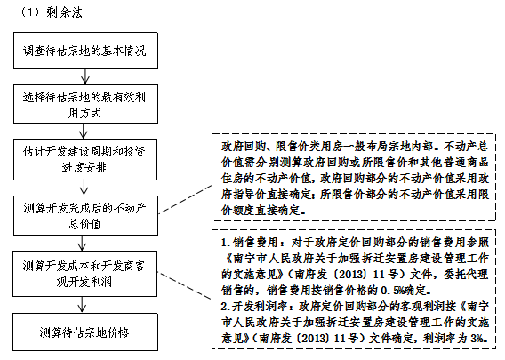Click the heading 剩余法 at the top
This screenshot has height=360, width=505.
[64, 12]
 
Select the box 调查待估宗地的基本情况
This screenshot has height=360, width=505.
[85, 51]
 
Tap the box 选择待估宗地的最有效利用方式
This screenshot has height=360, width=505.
[85, 104]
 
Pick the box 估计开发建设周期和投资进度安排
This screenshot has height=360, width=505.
[85, 159]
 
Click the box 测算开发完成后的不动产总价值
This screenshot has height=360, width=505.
[85, 215]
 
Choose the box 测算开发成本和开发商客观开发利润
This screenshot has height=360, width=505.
[85, 274]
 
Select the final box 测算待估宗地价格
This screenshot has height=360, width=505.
[85, 332]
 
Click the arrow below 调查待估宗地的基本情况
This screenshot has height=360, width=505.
[85, 76]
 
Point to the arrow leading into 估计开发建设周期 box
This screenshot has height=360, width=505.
[84, 131]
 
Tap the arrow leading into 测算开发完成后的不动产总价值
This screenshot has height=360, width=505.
[84, 188]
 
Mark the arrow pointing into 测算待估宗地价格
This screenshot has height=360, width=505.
[82, 305]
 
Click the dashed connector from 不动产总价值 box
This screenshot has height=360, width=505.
[185, 199]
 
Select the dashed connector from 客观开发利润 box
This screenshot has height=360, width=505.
[185, 286]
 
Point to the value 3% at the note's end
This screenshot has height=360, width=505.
[477, 338]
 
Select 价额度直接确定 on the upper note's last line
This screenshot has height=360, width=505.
[261, 211]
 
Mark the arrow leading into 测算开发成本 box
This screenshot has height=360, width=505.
[82, 244]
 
